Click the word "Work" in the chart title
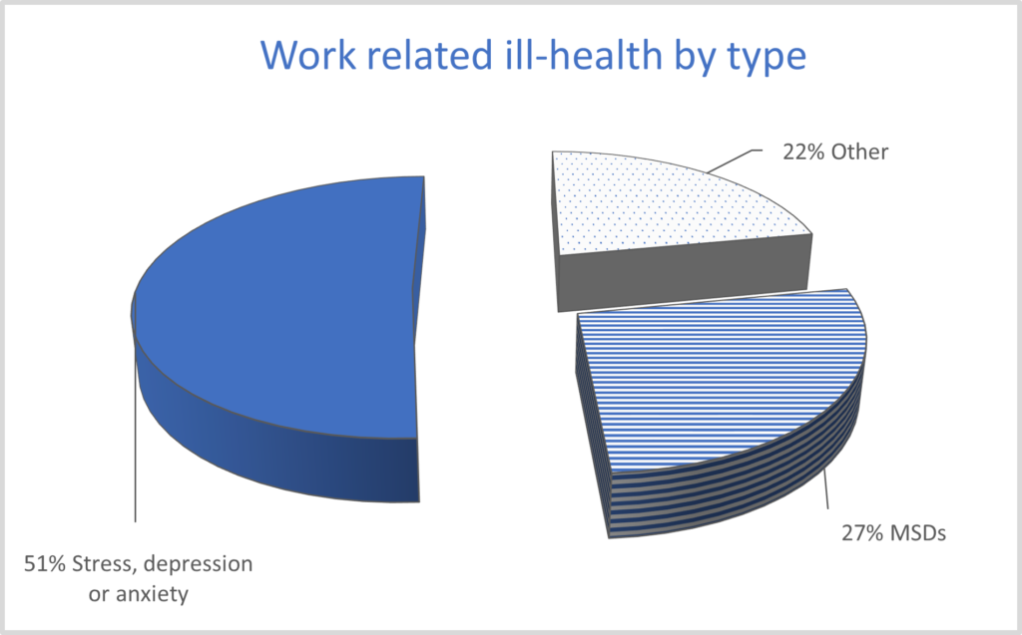click(308, 55)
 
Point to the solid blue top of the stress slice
click(280, 306)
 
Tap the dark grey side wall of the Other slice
click(685, 273)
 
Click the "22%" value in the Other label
click(803, 152)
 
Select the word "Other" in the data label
click(859, 152)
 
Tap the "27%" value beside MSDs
click(862, 532)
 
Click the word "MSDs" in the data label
click(918, 532)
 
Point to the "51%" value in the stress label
click(45, 563)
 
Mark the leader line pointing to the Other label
click(734, 160)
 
